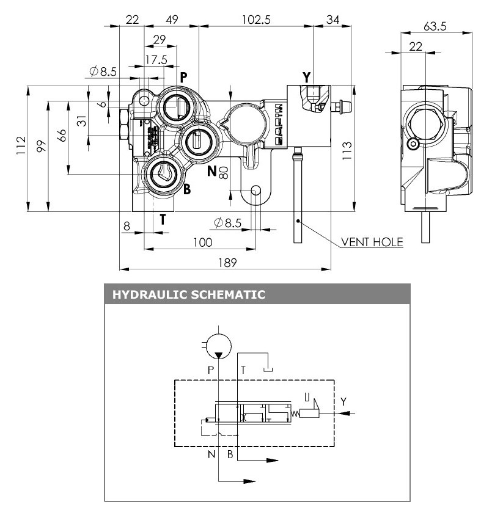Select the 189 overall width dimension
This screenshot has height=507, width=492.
pos(224,262)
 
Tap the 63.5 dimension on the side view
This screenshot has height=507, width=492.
pos(435,26)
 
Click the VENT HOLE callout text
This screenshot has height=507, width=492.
pos(372,242)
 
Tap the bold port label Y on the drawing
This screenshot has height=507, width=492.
pos(307,77)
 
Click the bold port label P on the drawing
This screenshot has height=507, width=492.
pos(183,76)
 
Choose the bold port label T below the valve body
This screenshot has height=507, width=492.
pos(163,221)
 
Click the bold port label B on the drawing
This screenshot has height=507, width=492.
pos(187,189)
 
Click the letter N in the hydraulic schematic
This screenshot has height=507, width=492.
pos(211,454)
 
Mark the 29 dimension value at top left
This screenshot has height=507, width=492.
pos(160,40)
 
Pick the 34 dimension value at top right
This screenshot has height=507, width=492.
pos(333,19)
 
